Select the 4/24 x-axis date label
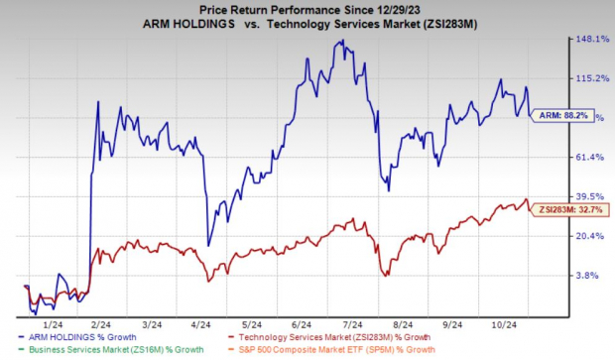[x=199, y=324]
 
